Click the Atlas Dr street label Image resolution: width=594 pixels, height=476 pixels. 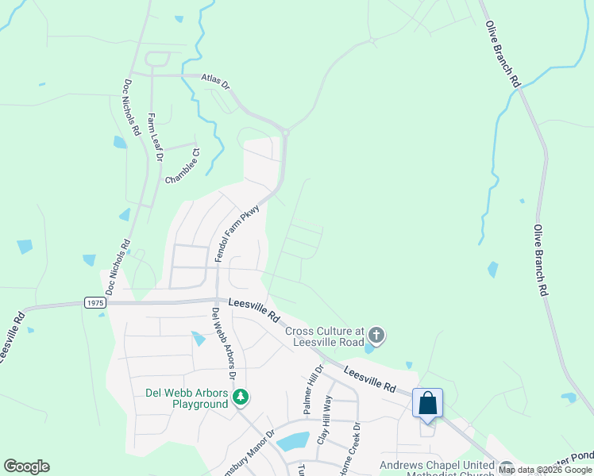(214, 81)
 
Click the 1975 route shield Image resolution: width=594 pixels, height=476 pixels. (94, 302)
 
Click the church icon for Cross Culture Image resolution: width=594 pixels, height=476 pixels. (376, 336)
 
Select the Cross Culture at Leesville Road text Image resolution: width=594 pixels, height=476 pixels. (324, 336)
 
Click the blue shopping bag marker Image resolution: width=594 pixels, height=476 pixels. (427, 403)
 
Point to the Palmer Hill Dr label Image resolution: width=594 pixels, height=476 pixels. (312, 389)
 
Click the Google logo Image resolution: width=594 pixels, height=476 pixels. (26, 466)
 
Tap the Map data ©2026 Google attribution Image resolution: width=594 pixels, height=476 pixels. (545, 470)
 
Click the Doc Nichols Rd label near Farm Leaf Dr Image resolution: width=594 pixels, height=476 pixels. (132, 106)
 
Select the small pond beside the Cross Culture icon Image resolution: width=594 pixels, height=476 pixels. (368, 347)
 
